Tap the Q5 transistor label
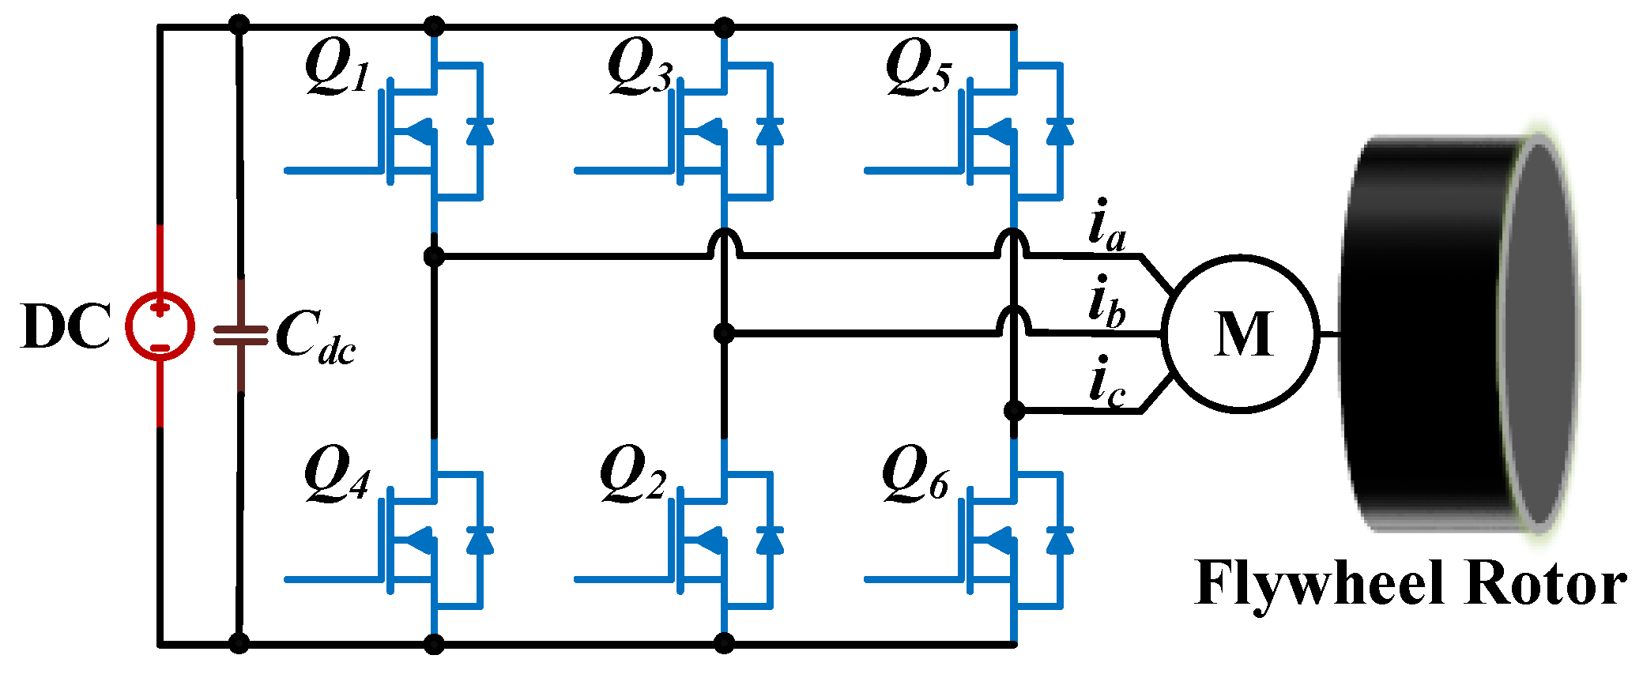pos(918,67)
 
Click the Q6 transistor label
pos(915,474)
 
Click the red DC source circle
pos(160,326)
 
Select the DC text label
pos(66,326)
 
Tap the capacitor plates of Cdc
pos(240,336)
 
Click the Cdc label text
pos(315,337)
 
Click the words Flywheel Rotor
pos(1411,585)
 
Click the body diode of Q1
pos(480,131)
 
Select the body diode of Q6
pos(1060,540)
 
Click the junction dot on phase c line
pos(1014,411)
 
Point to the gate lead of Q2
pos(624,580)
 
